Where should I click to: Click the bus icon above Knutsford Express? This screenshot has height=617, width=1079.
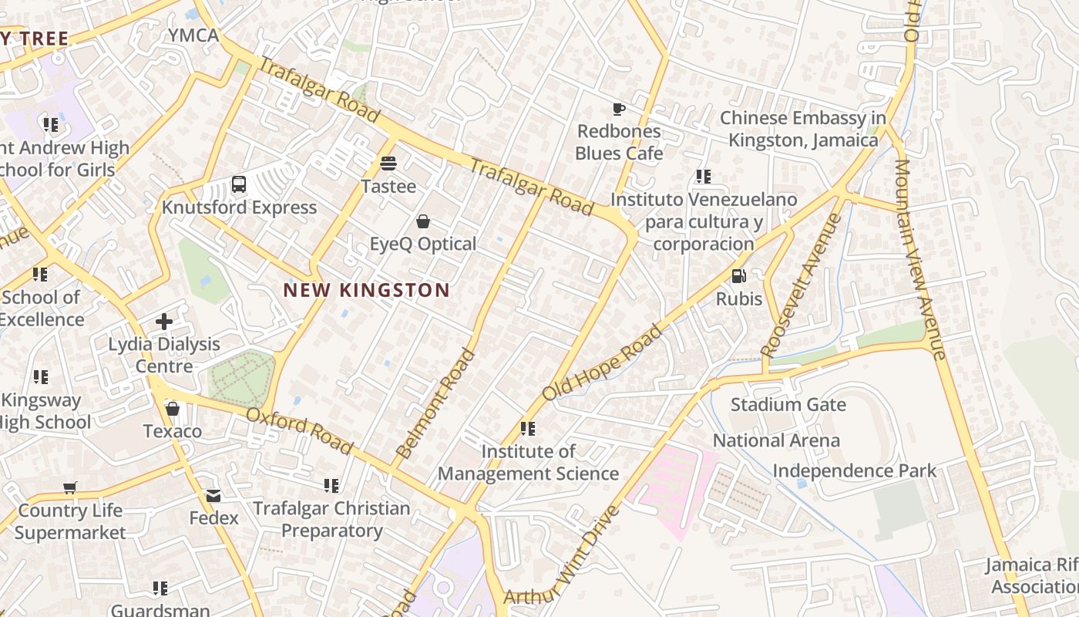(239, 185)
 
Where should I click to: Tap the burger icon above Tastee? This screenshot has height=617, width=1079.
(388, 164)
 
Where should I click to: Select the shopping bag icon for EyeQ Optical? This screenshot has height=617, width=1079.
(423, 222)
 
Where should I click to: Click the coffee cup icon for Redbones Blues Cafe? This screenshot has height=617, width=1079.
(618, 109)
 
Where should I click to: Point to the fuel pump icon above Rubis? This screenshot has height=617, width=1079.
(738, 276)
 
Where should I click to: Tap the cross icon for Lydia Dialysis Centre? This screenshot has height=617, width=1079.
(163, 321)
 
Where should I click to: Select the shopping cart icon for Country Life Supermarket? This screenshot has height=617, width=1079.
(70, 487)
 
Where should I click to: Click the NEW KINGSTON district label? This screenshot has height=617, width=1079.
(366, 291)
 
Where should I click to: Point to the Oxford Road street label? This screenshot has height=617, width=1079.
(300, 431)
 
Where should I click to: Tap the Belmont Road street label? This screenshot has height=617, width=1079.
(435, 403)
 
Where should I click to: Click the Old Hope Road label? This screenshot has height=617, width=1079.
(602, 362)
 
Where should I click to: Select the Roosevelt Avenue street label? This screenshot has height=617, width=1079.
(801, 285)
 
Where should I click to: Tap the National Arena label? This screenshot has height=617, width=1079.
(776, 440)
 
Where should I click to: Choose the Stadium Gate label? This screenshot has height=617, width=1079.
(788, 405)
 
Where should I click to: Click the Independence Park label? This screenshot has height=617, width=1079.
(855, 470)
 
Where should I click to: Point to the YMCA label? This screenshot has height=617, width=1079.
(193, 35)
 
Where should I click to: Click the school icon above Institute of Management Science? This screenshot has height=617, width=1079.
(528, 428)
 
